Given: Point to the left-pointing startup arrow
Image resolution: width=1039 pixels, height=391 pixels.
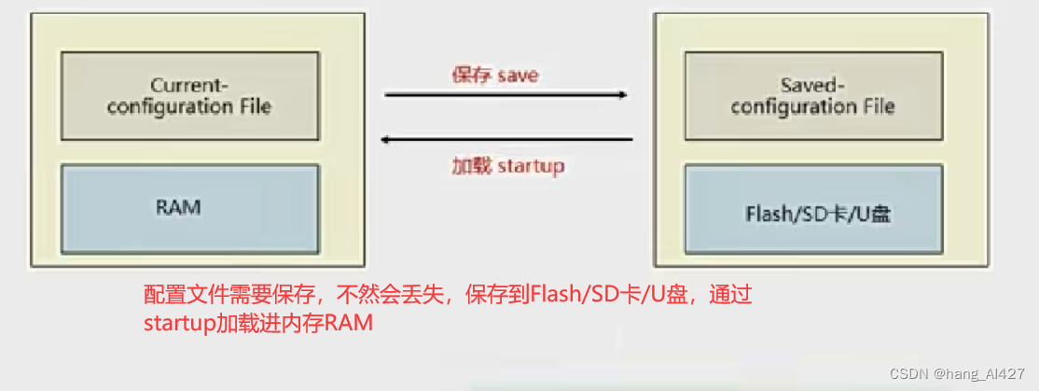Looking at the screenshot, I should pyautogui.click(x=508, y=141).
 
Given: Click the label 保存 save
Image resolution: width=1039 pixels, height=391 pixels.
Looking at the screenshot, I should pyautogui.click(x=494, y=75).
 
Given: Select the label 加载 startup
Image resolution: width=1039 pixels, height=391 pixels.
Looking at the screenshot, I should pyautogui.click(x=507, y=166).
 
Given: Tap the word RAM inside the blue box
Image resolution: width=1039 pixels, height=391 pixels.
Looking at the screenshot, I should pyautogui.click(x=178, y=207).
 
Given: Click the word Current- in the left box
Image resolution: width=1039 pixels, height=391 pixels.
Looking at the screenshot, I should pyautogui.click(x=189, y=85).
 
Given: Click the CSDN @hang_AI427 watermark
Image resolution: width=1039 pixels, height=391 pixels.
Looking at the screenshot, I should pyautogui.click(x=957, y=374).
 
